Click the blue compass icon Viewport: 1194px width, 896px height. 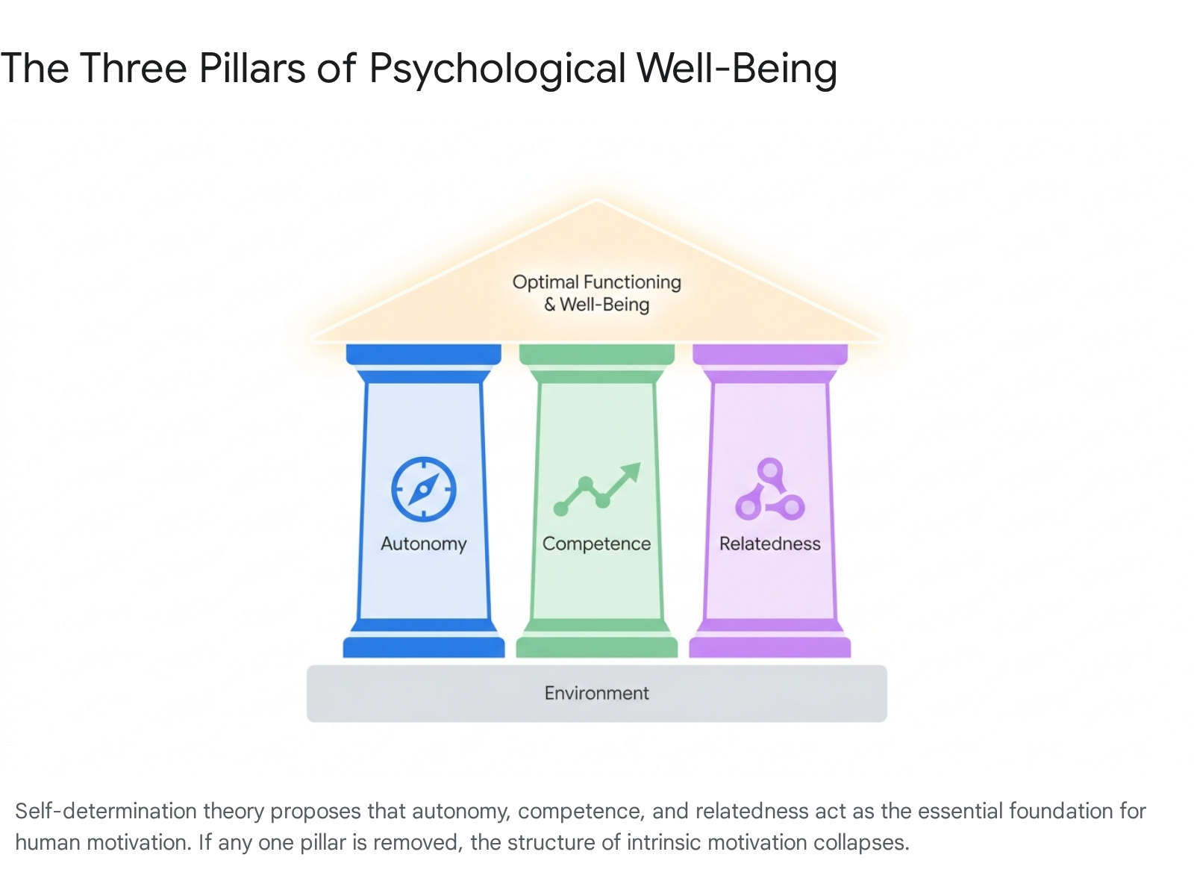pos(423,489)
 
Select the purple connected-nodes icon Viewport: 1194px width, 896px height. pos(769,489)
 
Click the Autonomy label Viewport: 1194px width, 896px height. pos(423,544)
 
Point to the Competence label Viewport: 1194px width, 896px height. pos(597,544)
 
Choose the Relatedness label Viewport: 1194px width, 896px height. pos(769,544)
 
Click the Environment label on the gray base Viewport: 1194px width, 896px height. pos(597,693)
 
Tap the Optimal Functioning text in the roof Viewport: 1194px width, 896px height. pos(597,281)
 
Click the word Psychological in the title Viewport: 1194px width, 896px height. pos(497,69)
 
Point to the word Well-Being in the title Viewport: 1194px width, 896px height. pos(737,69)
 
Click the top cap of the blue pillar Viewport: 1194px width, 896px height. pos(423,354)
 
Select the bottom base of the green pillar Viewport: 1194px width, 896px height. pos(597,647)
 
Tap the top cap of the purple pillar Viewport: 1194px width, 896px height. pos(769,354)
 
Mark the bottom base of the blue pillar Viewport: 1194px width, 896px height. pos(423,647)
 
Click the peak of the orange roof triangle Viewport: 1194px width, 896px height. pos(596,199)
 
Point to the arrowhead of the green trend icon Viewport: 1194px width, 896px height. pos(633,470)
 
